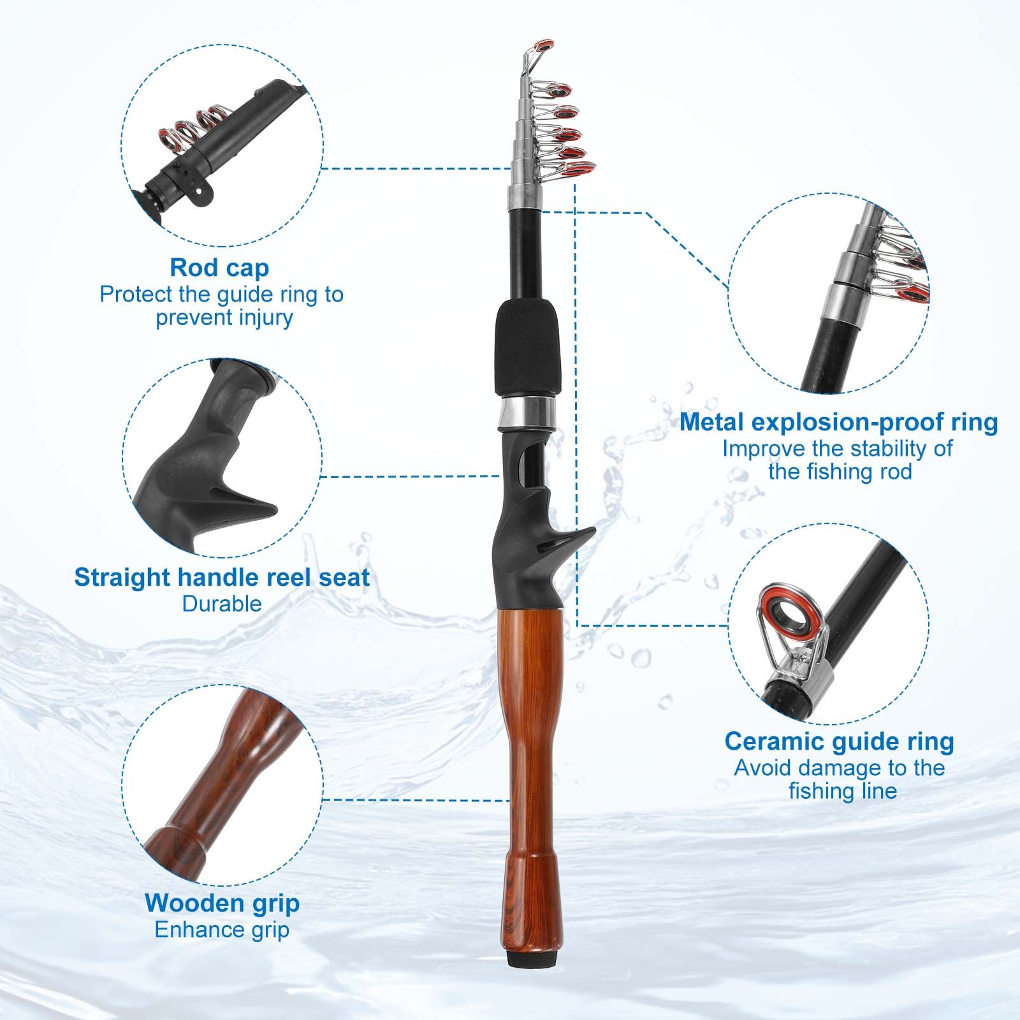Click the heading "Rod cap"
click(x=219, y=268)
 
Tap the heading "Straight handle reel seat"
click(x=222, y=577)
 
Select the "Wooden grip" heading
click(x=222, y=903)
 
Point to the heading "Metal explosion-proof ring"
click(x=838, y=422)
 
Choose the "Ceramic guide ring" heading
click(x=839, y=741)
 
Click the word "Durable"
click(x=222, y=604)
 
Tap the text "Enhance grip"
click(x=222, y=929)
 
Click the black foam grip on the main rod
click(x=527, y=349)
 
